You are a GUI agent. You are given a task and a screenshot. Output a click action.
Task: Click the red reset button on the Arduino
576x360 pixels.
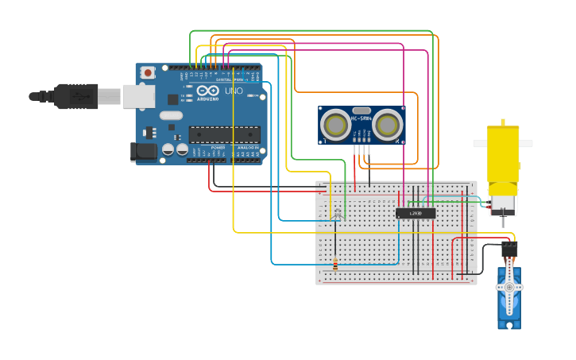coord(148,73)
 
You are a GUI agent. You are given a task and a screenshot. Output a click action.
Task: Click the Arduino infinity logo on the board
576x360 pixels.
coord(201,91)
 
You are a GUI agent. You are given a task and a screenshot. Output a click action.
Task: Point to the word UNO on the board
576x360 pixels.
coord(234,91)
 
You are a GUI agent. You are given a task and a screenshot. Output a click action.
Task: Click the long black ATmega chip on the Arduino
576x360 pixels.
coord(223,134)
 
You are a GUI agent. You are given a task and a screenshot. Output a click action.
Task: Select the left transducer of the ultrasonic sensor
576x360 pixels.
coord(337,125)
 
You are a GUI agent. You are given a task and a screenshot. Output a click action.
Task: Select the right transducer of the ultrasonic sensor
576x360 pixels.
coord(387,125)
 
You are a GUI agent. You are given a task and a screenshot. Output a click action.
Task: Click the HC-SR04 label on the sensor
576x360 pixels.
coord(361,118)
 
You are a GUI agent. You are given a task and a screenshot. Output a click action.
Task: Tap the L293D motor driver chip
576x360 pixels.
coord(416,213)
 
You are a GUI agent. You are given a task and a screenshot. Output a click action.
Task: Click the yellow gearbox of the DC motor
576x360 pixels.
coord(502,154)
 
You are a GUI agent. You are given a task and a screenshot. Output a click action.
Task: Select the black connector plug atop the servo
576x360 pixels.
coord(509,250)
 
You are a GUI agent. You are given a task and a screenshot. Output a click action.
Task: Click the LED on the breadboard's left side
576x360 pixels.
coord(337,212)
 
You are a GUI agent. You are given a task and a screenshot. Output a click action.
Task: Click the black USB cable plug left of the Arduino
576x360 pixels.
coord(75,96)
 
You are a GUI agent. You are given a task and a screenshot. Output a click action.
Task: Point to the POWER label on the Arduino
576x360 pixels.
coord(217,148)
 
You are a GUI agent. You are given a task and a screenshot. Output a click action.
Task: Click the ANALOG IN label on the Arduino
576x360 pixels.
coord(247,148)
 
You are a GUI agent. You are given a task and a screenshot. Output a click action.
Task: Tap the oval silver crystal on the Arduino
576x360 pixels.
coord(170,115)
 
